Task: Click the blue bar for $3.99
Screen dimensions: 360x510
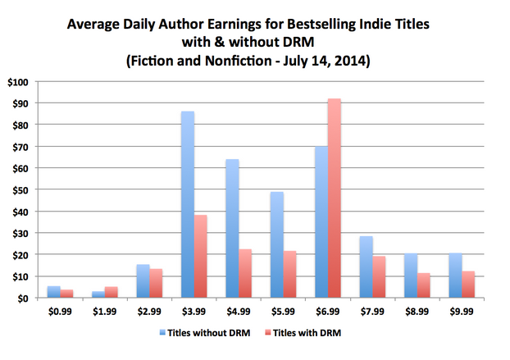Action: pyautogui.click(x=188, y=204)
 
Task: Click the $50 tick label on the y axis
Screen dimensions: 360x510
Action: pyautogui.click(x=20, y=190)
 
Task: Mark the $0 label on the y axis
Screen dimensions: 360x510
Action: pyautogui.click(x=22, y=298)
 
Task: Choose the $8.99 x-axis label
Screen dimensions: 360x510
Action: pyautogui.click(x=415, y=312)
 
